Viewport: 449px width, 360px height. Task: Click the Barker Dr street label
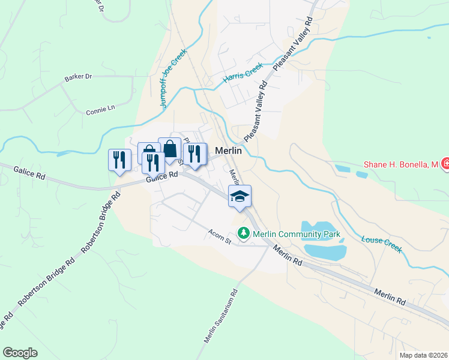78,77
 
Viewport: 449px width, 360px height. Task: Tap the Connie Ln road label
100,110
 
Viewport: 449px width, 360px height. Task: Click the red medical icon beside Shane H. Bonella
445,163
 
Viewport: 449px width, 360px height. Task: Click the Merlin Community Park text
297,234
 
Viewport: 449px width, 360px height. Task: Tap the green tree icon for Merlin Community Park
243,232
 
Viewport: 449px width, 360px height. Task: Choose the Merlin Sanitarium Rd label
221,317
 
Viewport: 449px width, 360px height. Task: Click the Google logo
20,353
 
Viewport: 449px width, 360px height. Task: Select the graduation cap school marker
240,196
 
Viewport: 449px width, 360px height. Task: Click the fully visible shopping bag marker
170,149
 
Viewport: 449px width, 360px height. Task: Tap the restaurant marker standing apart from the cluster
118,160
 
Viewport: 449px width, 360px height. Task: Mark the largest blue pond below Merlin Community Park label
325,250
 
